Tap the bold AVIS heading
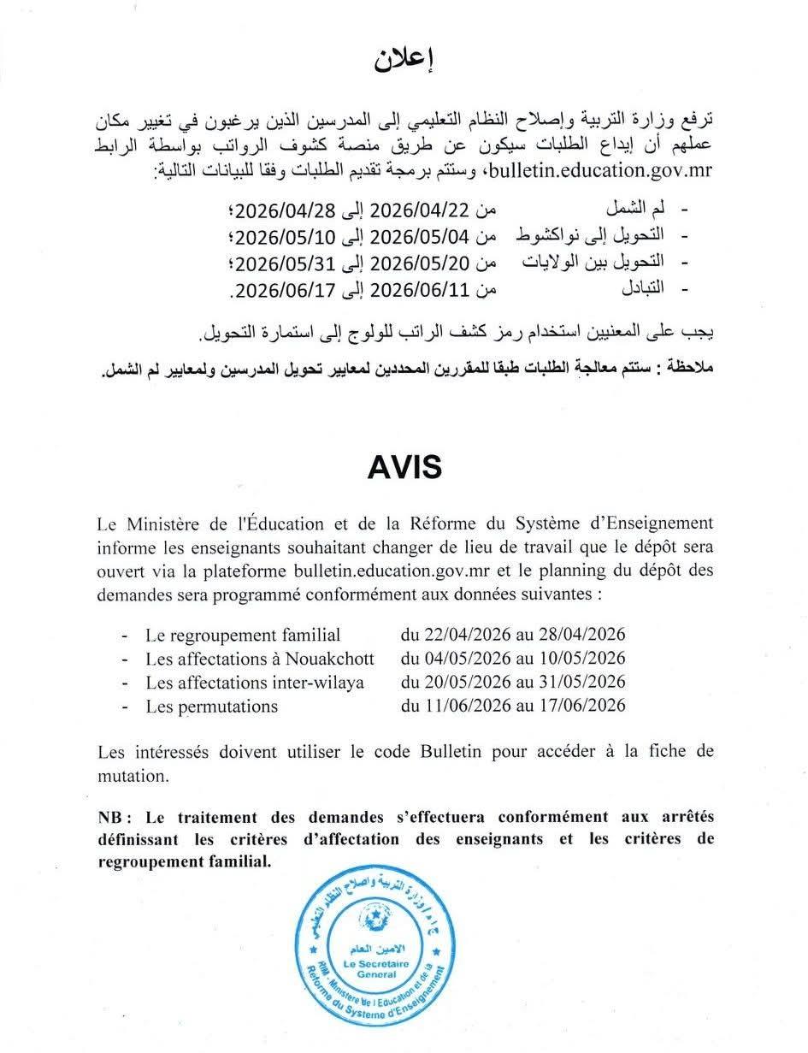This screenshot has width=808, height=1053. pos(404,467)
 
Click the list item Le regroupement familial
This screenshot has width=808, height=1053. pos(243,635)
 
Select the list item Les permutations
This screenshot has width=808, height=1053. pos(211,706)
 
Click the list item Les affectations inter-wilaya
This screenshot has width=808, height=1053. pos(255,682)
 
